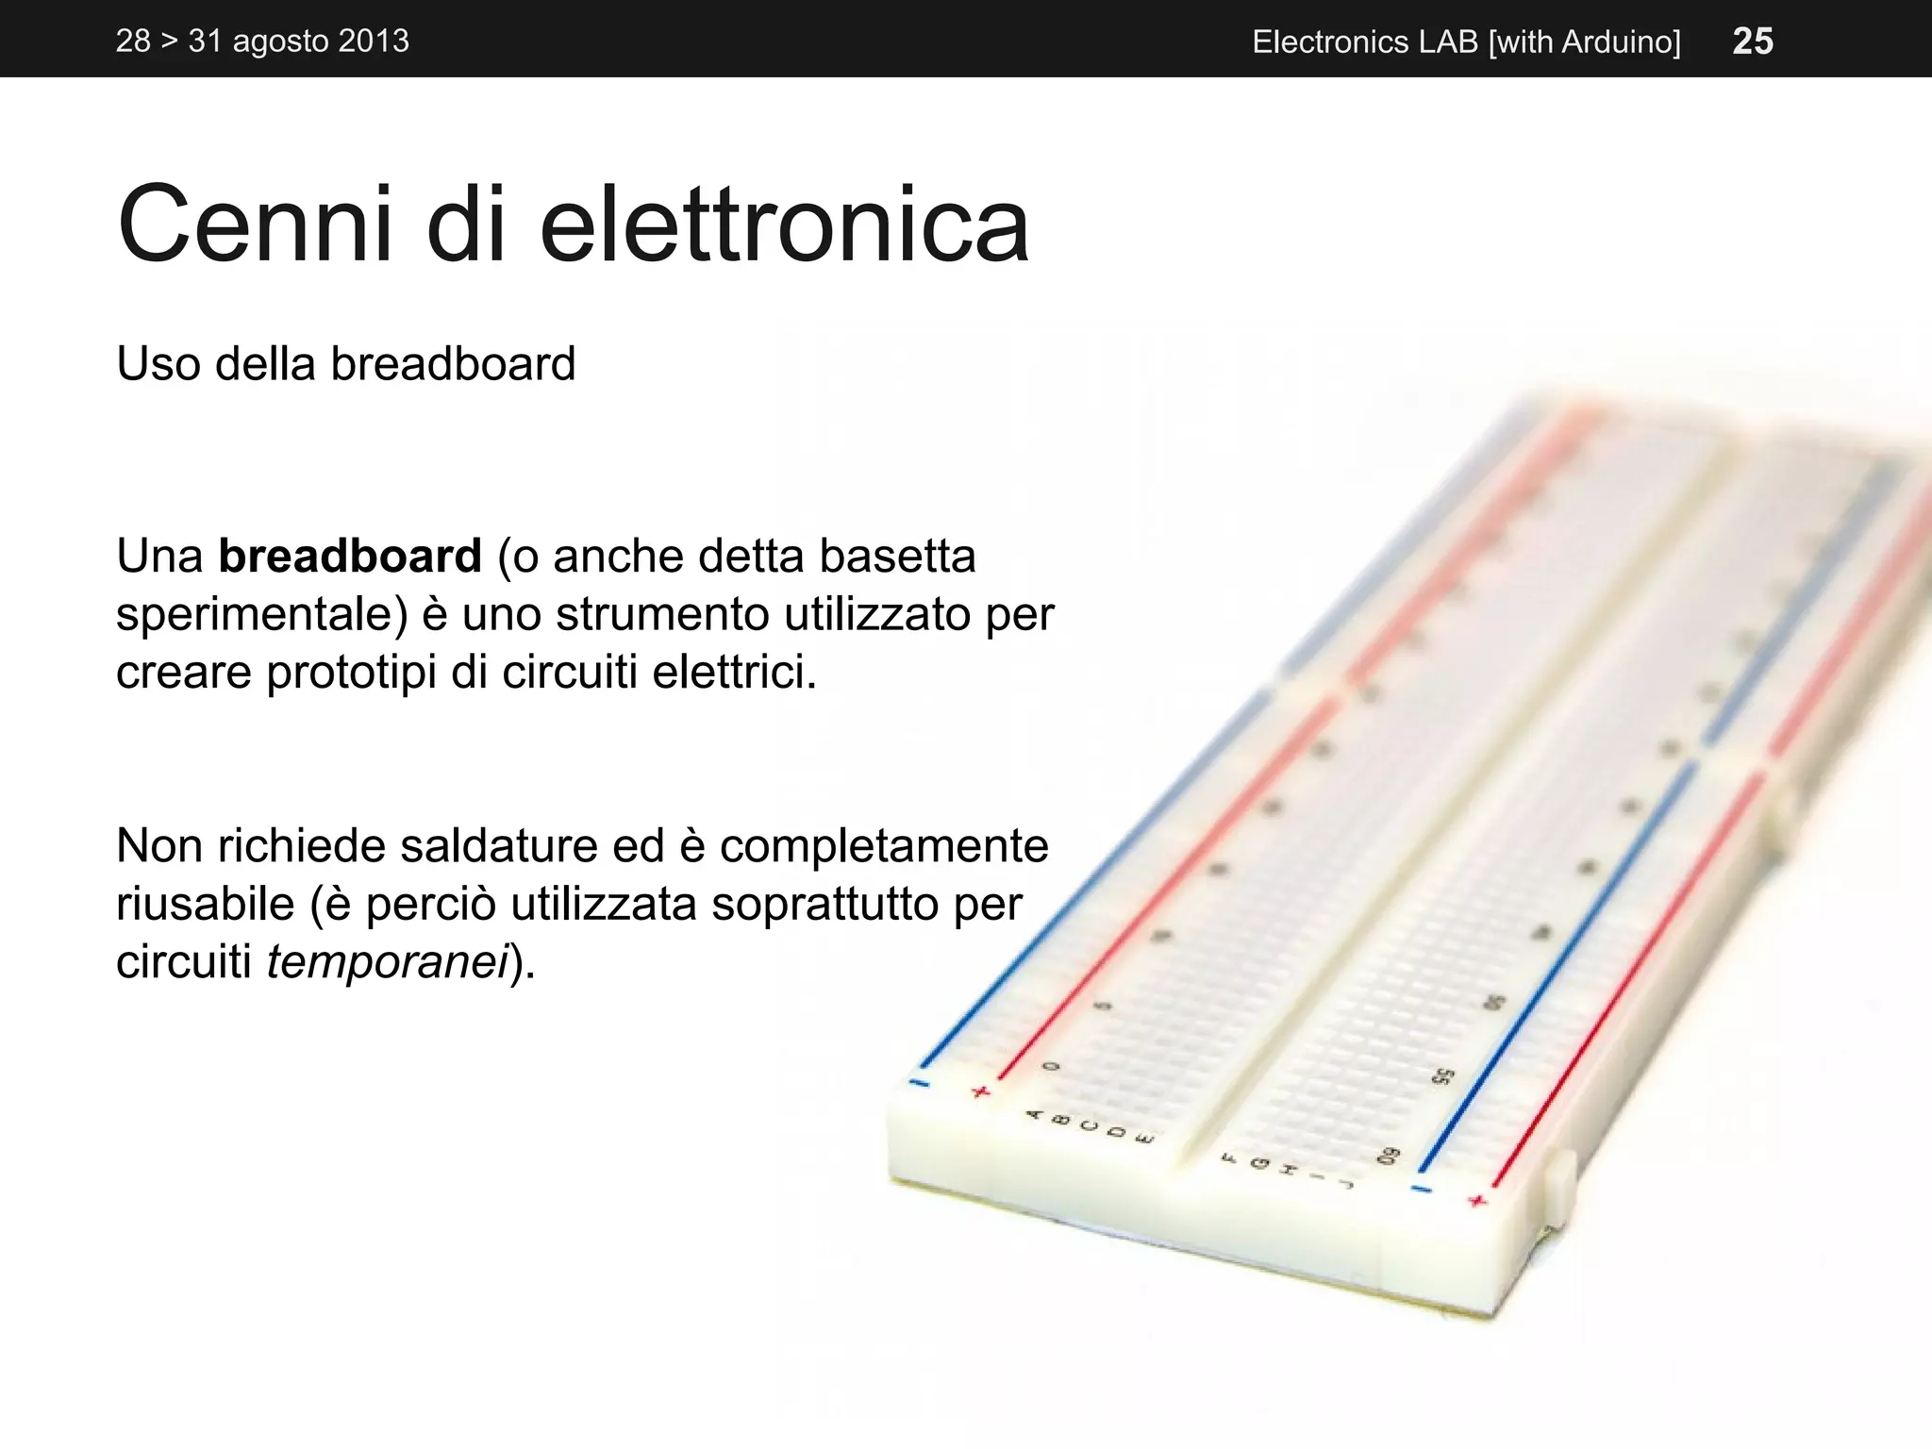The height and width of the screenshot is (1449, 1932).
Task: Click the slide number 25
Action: point(1753,41)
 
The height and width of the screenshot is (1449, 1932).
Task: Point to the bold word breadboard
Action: point(350,556)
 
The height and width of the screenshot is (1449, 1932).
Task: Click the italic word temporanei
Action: point(388,962)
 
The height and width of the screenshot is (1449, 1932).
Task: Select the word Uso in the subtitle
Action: point(158,364)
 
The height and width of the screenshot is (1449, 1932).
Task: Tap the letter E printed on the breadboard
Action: point(1143,1139)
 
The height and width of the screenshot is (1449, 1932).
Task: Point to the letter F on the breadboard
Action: point(1229,1158)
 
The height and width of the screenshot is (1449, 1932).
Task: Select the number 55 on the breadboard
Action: point(1442,1076)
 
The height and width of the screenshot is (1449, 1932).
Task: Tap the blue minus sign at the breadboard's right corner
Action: point(1421,1189)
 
